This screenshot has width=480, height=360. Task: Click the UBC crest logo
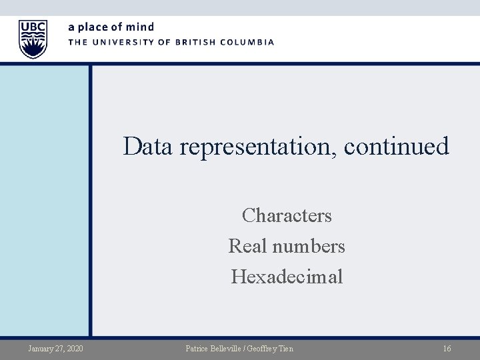tap(33, 39)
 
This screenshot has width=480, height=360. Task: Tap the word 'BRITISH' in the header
tap(191, 42)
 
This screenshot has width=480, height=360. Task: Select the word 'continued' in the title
tap(397, 146)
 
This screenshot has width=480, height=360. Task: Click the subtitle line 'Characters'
tap(287, 216)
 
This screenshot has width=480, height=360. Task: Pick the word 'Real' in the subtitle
tap(248, 246)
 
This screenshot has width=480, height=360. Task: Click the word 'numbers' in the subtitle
tap(308, 246)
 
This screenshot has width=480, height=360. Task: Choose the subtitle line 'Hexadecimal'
tap(287, 276)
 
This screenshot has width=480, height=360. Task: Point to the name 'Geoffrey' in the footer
tap(269, 348)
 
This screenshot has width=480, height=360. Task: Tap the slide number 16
tap(447, 348)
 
